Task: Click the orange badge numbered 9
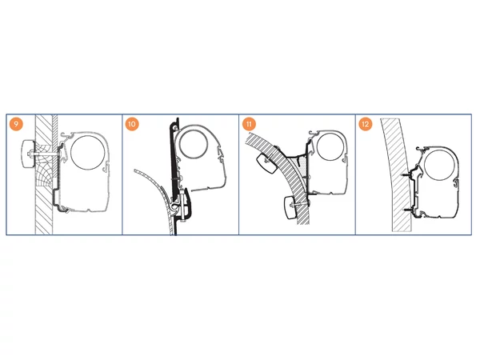(16, 124)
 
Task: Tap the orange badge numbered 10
(132, 124)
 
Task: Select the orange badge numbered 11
(249, 124)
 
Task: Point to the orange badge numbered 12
(366, 124)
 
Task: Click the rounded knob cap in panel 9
(27, 154)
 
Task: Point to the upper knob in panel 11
(266, 163)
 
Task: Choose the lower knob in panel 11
(291, 208)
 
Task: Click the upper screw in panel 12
(407, 175)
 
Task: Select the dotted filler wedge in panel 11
(301, 167)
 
